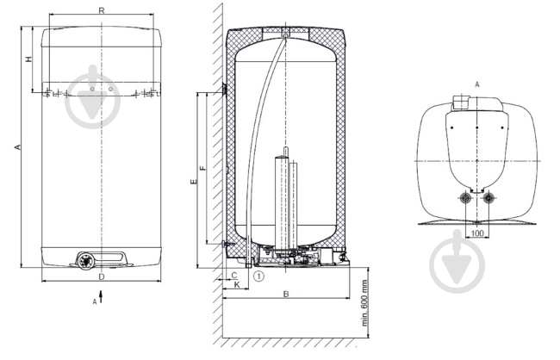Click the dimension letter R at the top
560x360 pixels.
click(102, 10)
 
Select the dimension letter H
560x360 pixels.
click(29, 59)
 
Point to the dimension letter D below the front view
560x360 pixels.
click(102, 276)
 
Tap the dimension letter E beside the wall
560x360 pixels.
click(194, 182)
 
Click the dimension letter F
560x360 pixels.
click(203, 168)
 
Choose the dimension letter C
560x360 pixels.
click(234, 276)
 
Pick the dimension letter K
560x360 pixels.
click(236, 285)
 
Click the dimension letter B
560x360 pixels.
click(286, 294)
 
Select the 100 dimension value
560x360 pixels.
click(477, 233)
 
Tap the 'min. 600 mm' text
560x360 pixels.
click(364, 303)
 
